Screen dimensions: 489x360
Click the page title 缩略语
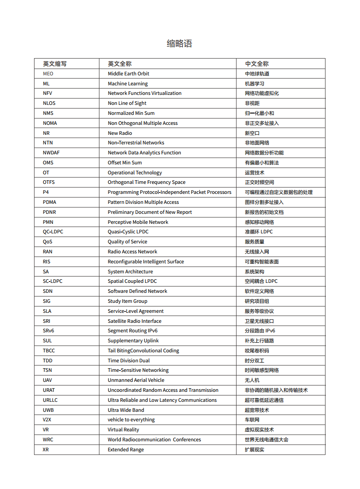tap(179, 44)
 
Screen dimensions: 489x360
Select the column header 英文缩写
tap(54, 64)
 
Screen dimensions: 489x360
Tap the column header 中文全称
tap(256, 64)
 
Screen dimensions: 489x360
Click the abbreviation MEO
tap(48, 74)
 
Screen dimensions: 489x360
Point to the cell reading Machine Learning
tap(128, 84)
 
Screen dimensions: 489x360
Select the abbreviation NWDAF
tap(51, 153)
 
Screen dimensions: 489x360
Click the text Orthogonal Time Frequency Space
tap(146, 182)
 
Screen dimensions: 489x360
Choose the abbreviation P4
tap(46, 192)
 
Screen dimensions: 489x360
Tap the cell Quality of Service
tap(127, 242)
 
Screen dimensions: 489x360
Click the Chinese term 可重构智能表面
tap(261, 262)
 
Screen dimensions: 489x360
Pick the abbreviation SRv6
tap(49, 331)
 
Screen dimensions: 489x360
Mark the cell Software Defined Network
tap(137, 291)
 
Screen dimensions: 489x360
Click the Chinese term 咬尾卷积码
tap(256, 351)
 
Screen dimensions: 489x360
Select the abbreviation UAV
tap(48, 380)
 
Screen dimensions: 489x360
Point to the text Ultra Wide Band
tap(126, 410)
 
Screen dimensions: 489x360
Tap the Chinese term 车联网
tap(252, 420)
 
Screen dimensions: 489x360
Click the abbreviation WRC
tap(48, 440)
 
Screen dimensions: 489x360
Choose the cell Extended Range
tap(126, 449)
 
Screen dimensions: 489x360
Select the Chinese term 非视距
tap(252, 103)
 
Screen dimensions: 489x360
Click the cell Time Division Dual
tap(128, 361)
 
